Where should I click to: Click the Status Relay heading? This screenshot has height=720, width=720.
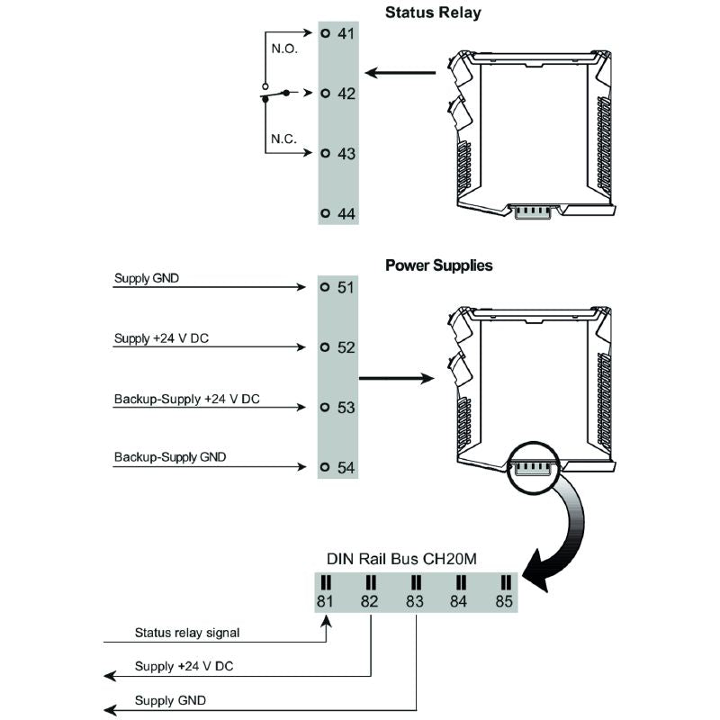[433, 13]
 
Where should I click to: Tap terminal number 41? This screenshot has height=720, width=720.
[346, 34]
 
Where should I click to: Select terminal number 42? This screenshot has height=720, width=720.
[346, 94]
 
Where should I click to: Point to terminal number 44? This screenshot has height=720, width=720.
[346, 214]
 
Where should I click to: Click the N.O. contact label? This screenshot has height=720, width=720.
[283, 48]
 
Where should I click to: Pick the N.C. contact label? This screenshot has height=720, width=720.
[283, 139]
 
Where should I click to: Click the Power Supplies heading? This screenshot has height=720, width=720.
[439, 265]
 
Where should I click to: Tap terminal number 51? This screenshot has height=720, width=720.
[346, 288]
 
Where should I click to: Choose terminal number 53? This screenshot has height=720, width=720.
[346, 408]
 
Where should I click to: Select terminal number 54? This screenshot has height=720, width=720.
[346, 468]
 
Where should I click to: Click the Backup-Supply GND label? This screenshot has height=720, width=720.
[170, 457]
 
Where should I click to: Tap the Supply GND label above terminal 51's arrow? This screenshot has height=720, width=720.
[147, 278]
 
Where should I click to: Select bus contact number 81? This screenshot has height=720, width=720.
[325, 600]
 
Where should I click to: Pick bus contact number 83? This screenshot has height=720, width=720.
[415, 600]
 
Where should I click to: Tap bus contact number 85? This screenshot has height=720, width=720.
[504, 600]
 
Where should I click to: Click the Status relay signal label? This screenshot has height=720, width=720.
[187, 633]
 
